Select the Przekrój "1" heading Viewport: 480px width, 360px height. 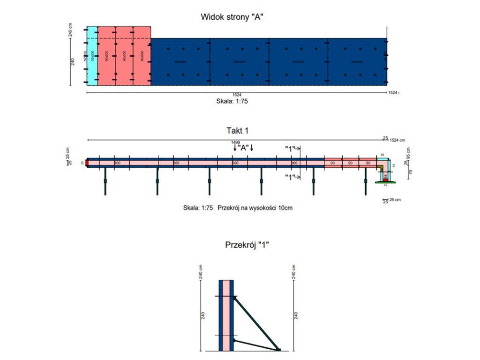(x=247, y=245)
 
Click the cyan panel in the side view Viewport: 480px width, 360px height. (x=92, y=56)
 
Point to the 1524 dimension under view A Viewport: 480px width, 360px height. (x=237, y=95)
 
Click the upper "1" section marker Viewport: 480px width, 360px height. (x=292, y=149)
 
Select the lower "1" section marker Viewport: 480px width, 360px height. (x=292, y=177)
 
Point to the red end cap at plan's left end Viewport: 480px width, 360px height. (x=87, y=163)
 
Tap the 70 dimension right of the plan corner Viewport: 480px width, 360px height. (x=410, y=172)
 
